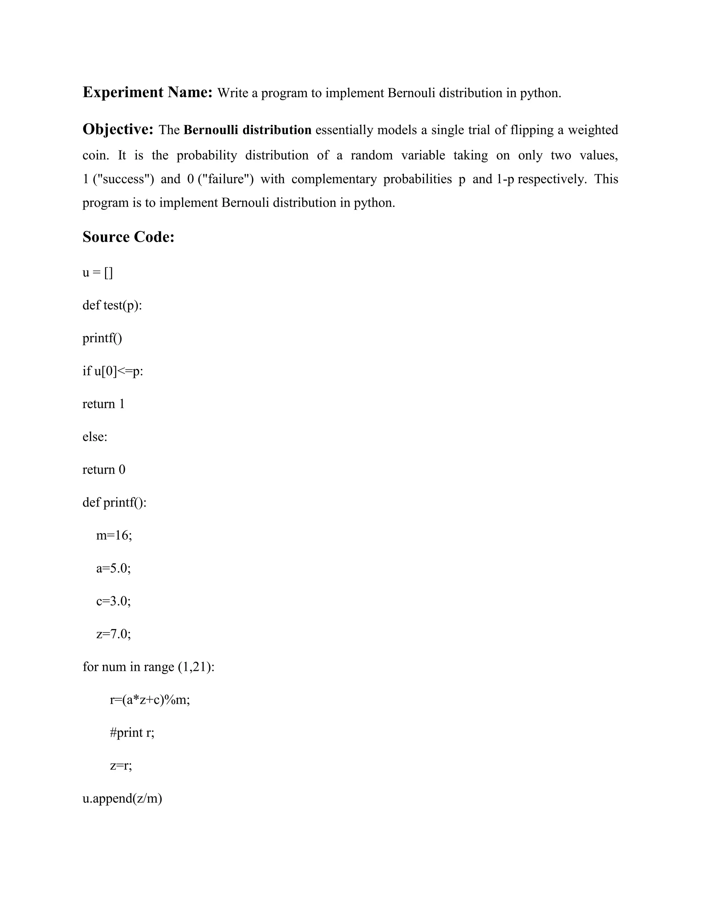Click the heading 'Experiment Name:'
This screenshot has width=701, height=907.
tap(148, 92)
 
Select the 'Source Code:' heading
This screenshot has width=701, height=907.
tap(128, 237)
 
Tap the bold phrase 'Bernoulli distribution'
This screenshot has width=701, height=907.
tap(247, 130)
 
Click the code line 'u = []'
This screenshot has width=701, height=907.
tap(98, 272)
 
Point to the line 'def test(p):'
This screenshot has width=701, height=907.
tap(112, 305)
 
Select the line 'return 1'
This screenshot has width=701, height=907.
tap(103, 404)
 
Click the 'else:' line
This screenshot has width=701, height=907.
tap(95, 436)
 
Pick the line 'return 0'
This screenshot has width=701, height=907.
tap(103, 469)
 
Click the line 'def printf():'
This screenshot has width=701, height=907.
tap(114, 502)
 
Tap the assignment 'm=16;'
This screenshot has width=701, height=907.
tap(114, 535)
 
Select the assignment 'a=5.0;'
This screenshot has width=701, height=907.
tap(113, 568)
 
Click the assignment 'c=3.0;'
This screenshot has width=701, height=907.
tap(113, 601)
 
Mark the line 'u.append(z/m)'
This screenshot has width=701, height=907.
tap(122, 798)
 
